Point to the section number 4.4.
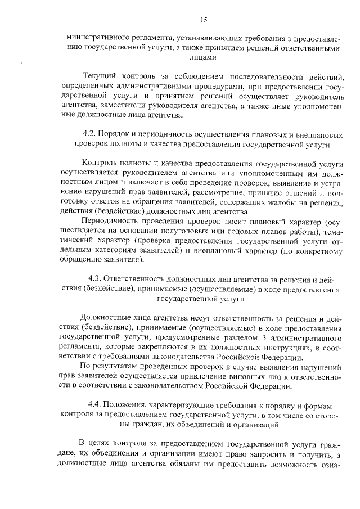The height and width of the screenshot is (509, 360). [96, 405]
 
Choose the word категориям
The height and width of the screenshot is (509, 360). [126, 251]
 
